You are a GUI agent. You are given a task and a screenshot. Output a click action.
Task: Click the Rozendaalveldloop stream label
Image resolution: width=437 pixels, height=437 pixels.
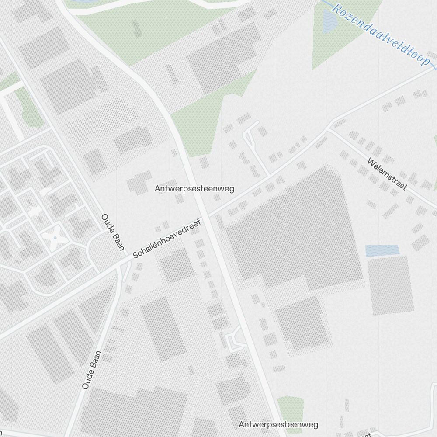tap(380, 35)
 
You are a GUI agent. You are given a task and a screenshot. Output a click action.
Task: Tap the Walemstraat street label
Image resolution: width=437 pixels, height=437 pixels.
tap(387, 174)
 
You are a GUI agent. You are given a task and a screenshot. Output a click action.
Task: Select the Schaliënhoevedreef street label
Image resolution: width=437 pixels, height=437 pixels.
tap(166, 239)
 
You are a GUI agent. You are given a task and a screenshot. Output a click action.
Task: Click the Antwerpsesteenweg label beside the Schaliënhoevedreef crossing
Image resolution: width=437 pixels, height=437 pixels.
tap(194, 189)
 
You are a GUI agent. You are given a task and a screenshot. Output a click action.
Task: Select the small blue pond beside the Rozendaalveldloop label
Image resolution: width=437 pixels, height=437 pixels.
tap(329, 21)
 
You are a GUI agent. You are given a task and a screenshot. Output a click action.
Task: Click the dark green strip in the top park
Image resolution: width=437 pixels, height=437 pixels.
tap(137, 28)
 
